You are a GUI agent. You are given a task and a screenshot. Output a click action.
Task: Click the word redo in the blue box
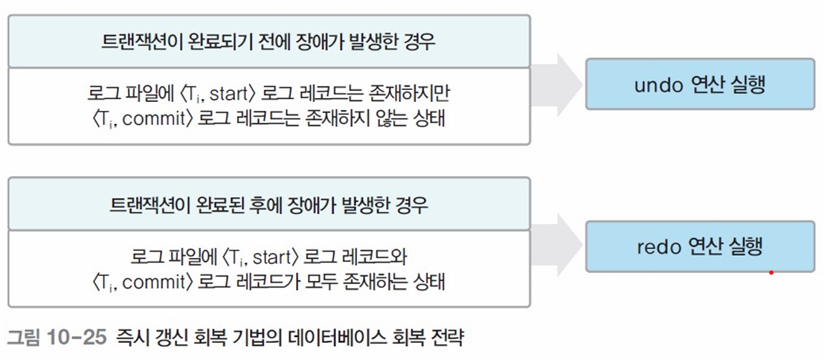click(x=656, y=246)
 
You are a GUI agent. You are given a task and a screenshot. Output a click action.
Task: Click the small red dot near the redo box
click(x=771, y=272)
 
